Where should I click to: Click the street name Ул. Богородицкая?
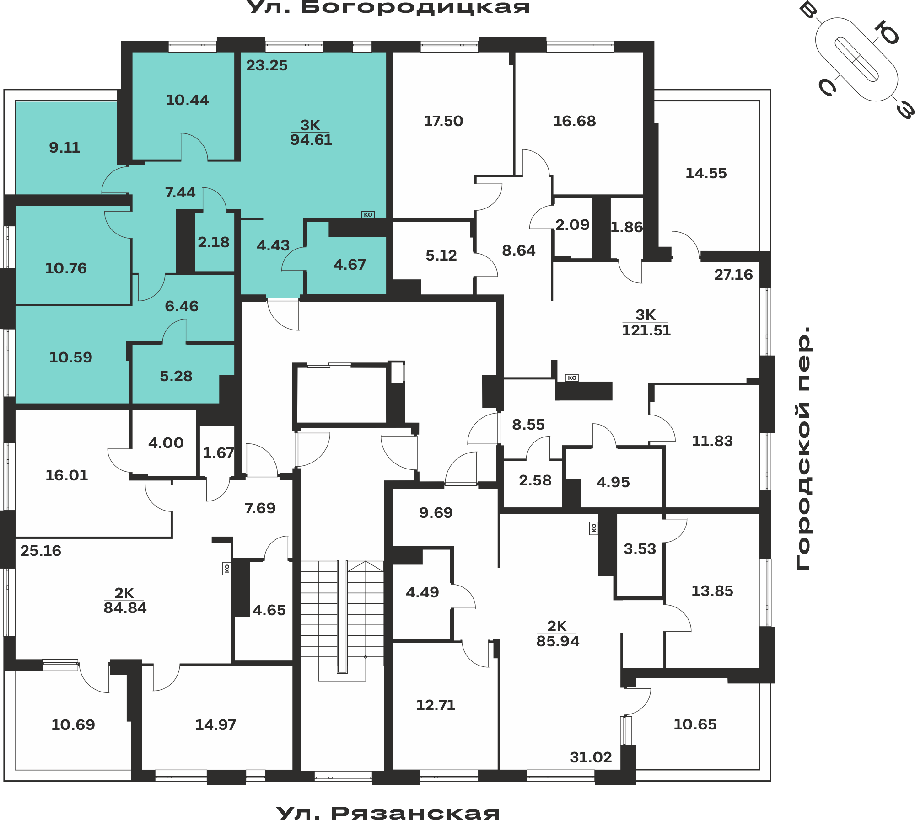coord(388,7)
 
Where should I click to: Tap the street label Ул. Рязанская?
coord(388,813)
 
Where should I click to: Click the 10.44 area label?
coord(187,100)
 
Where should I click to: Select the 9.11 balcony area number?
coord(65,148)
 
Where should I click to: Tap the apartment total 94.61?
coord(311,140)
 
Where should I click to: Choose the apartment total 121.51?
coord(646,330)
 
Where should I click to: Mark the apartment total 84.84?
coord(125,608)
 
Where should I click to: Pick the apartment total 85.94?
coord(558,641)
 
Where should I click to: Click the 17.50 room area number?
coord(443,121)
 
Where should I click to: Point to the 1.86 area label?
coord(627,227)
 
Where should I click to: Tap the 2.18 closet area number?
coord(214,242)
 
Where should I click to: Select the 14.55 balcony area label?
coord(706,173)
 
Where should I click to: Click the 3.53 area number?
coord(640,549)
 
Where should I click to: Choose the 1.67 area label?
coord(218,453)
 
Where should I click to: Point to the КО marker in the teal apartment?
coord(368,215)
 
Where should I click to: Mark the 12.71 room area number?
coord(436,705)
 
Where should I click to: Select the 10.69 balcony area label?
coord(73,725)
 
